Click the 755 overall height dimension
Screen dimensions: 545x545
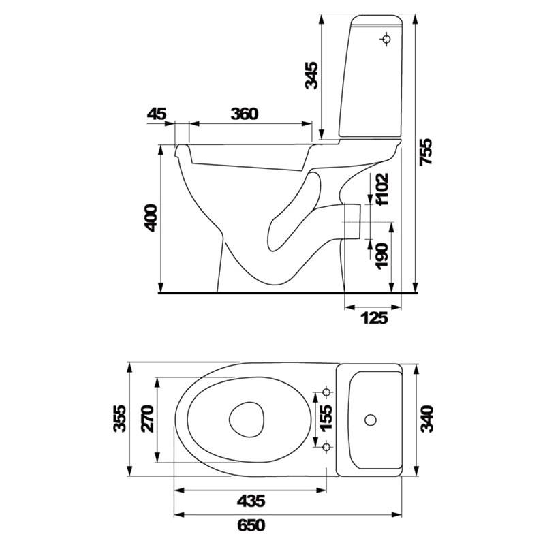coord(425,152)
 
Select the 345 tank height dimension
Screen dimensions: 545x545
coord(311,76)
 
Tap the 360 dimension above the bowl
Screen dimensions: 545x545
coord(245,114)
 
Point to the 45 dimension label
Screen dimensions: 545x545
coord(157,114)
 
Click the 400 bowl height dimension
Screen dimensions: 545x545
coord(151,218)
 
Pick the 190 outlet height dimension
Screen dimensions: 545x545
coord(381,256)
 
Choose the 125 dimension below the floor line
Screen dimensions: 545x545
coord(374,317)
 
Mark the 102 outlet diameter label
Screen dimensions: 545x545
coord(381,189)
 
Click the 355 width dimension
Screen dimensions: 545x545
coord(120,418)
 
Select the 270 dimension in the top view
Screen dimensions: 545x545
coord(147,418)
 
